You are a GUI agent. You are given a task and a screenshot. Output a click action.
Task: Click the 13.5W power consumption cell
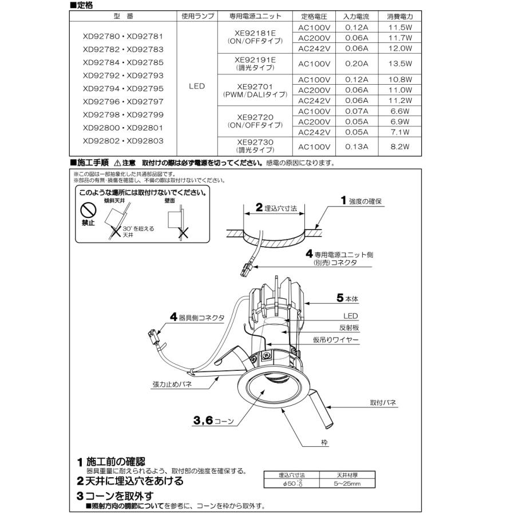coord(399,63)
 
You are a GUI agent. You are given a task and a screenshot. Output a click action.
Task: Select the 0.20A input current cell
coord(356,63)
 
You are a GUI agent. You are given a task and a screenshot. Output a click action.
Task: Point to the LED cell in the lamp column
coord(197,87)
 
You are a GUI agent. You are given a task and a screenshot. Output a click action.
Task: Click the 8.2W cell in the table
coord(399,146)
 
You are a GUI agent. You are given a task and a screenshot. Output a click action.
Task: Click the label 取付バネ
coord(383,403)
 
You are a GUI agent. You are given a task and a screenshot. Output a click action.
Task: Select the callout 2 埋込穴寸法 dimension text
coord(276,209)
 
